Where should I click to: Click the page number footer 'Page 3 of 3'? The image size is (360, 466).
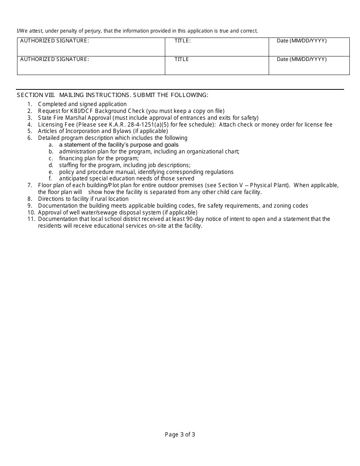180,435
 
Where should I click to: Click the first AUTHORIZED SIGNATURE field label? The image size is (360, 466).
55,41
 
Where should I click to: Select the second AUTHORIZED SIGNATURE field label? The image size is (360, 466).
55,59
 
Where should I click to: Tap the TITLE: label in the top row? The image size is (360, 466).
182,41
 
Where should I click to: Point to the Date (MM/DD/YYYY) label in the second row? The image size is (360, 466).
302,59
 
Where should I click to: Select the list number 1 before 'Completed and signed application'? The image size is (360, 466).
30,104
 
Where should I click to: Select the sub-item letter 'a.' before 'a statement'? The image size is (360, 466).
51,145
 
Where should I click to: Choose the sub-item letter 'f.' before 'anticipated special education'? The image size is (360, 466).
50,178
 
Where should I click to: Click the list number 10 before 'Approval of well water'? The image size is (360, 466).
30,213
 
